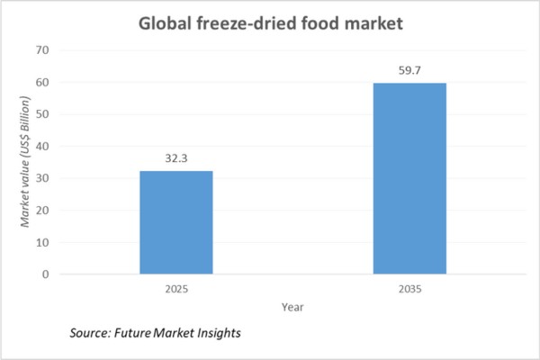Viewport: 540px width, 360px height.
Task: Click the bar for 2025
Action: tap(176, 222)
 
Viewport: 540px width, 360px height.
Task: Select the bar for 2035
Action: tap(409, 178)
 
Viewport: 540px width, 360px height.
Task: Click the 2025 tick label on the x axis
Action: tap(176, 290)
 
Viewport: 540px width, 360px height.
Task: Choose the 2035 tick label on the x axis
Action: tap(409, 290)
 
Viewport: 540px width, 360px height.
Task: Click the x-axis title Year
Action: tap(293, 306)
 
